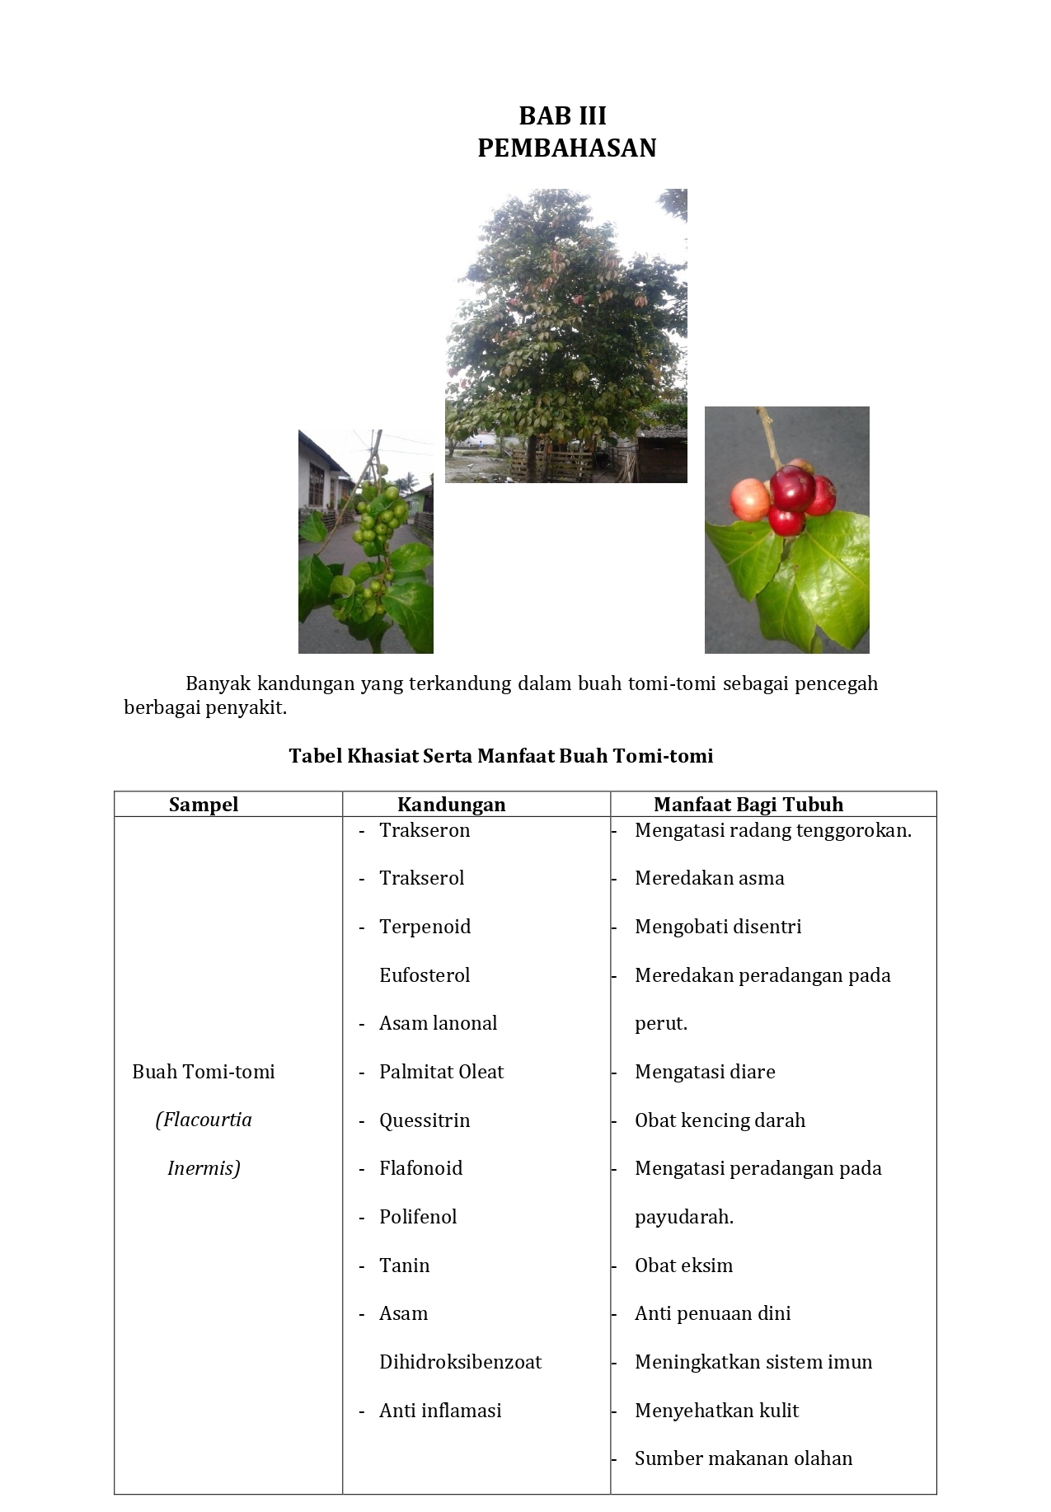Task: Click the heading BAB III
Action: [x=562, y=115]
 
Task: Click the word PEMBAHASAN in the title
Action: [x=566, y=148]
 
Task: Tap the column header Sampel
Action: [x=204, y=805]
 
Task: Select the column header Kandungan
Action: [x=451, y=805]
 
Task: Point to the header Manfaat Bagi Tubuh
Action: [x=748, y=805]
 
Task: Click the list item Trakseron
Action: [x=424, y=830]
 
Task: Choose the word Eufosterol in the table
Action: [x=424, y=975]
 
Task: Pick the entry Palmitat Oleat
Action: [x=441, y=1072]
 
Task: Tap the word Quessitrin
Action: [x=424, y=1120]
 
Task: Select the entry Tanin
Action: [x=404, y=1265]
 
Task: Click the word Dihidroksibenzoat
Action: [x=460, y=1362]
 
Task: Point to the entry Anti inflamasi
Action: [x=440, y=1411]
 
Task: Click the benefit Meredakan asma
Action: [x=709, y=878]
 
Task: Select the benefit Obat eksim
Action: [x=683, y=1265]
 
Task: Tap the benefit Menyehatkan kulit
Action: [x=716, y=1411]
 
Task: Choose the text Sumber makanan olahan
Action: [x=743, y=1458]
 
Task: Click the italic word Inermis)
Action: [x=204, y=1168]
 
